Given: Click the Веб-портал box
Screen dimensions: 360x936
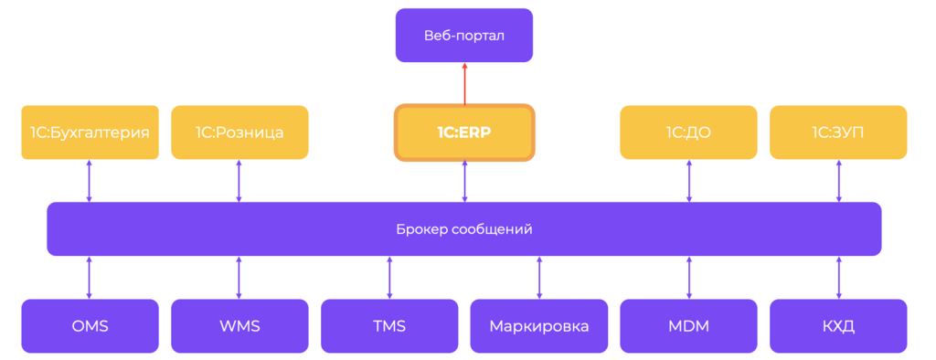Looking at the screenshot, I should pyautogui.click(x=464, y=36).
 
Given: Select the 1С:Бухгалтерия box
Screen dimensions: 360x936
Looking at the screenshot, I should pyautogui.click(x=90, y=132).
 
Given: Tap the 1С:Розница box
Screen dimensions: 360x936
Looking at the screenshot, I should pyautogui.click(x=239, y=132).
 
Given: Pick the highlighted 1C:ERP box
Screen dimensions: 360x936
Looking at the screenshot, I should pyautogui.click(x=464, y=132).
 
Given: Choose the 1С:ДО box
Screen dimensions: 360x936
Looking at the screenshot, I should pyautogui.click(x=689, y=132).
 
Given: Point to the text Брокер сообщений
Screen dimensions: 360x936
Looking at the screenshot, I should pyautogui.click(x=464, y=229).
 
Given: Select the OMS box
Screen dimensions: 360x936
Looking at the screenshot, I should pyautogui.click(x=90, y=326).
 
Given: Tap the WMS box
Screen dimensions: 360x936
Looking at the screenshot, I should pyautogui.click(x=239, y=326).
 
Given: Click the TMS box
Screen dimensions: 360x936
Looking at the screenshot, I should pyautogui.click(x=389, y=326).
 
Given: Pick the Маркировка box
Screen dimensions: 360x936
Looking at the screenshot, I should pyautogui.click(x=539, y=326).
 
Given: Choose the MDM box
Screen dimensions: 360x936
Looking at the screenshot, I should pyautogui.click(x=689, y=326).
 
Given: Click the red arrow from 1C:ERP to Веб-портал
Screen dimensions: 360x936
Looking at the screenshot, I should pyautogui.click(x=464, y=83).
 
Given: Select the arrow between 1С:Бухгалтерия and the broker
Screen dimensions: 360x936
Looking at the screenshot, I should pyautogui.click(x=90, y=181).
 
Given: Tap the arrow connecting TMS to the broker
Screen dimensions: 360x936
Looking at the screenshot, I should pyautogui.click(x=389, y=278).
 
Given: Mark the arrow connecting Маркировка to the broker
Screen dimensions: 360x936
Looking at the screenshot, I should pyautogui.click(x=539, y=278).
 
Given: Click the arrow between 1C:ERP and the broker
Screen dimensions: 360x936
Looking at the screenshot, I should pyautogui.click(x=464, y=181).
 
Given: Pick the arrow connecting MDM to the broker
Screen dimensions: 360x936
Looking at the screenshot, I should pyautogui.click(x=689, y=278).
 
